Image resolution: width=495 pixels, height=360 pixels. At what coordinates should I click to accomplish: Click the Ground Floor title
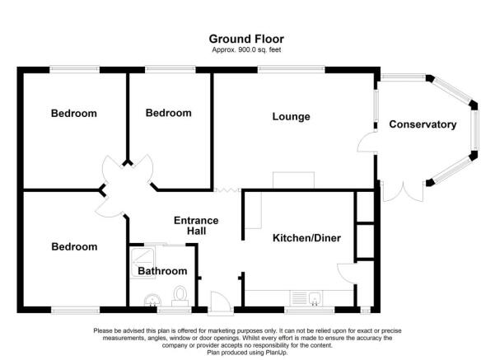click(247, 38)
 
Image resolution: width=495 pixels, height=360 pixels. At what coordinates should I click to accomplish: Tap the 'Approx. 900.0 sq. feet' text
click(247, 49)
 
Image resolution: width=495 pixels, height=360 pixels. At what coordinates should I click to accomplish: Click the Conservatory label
click(422, 124)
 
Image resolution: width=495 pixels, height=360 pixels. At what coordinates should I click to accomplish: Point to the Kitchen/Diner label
click(306, 239)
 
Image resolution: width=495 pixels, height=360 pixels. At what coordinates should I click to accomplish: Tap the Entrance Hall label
click(196, 226)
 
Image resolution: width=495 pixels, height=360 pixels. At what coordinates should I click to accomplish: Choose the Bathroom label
click(161, 271)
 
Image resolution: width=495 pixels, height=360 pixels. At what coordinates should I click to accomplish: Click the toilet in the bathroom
click(181, 296)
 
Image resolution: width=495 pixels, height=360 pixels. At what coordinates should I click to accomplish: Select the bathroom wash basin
click(151, 299)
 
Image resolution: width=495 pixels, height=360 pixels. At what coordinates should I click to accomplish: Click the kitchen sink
click(312, 298)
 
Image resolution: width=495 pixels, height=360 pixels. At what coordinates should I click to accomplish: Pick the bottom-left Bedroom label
click(74, 246)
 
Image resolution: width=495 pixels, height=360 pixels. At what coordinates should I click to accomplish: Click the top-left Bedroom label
click(74, 114)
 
